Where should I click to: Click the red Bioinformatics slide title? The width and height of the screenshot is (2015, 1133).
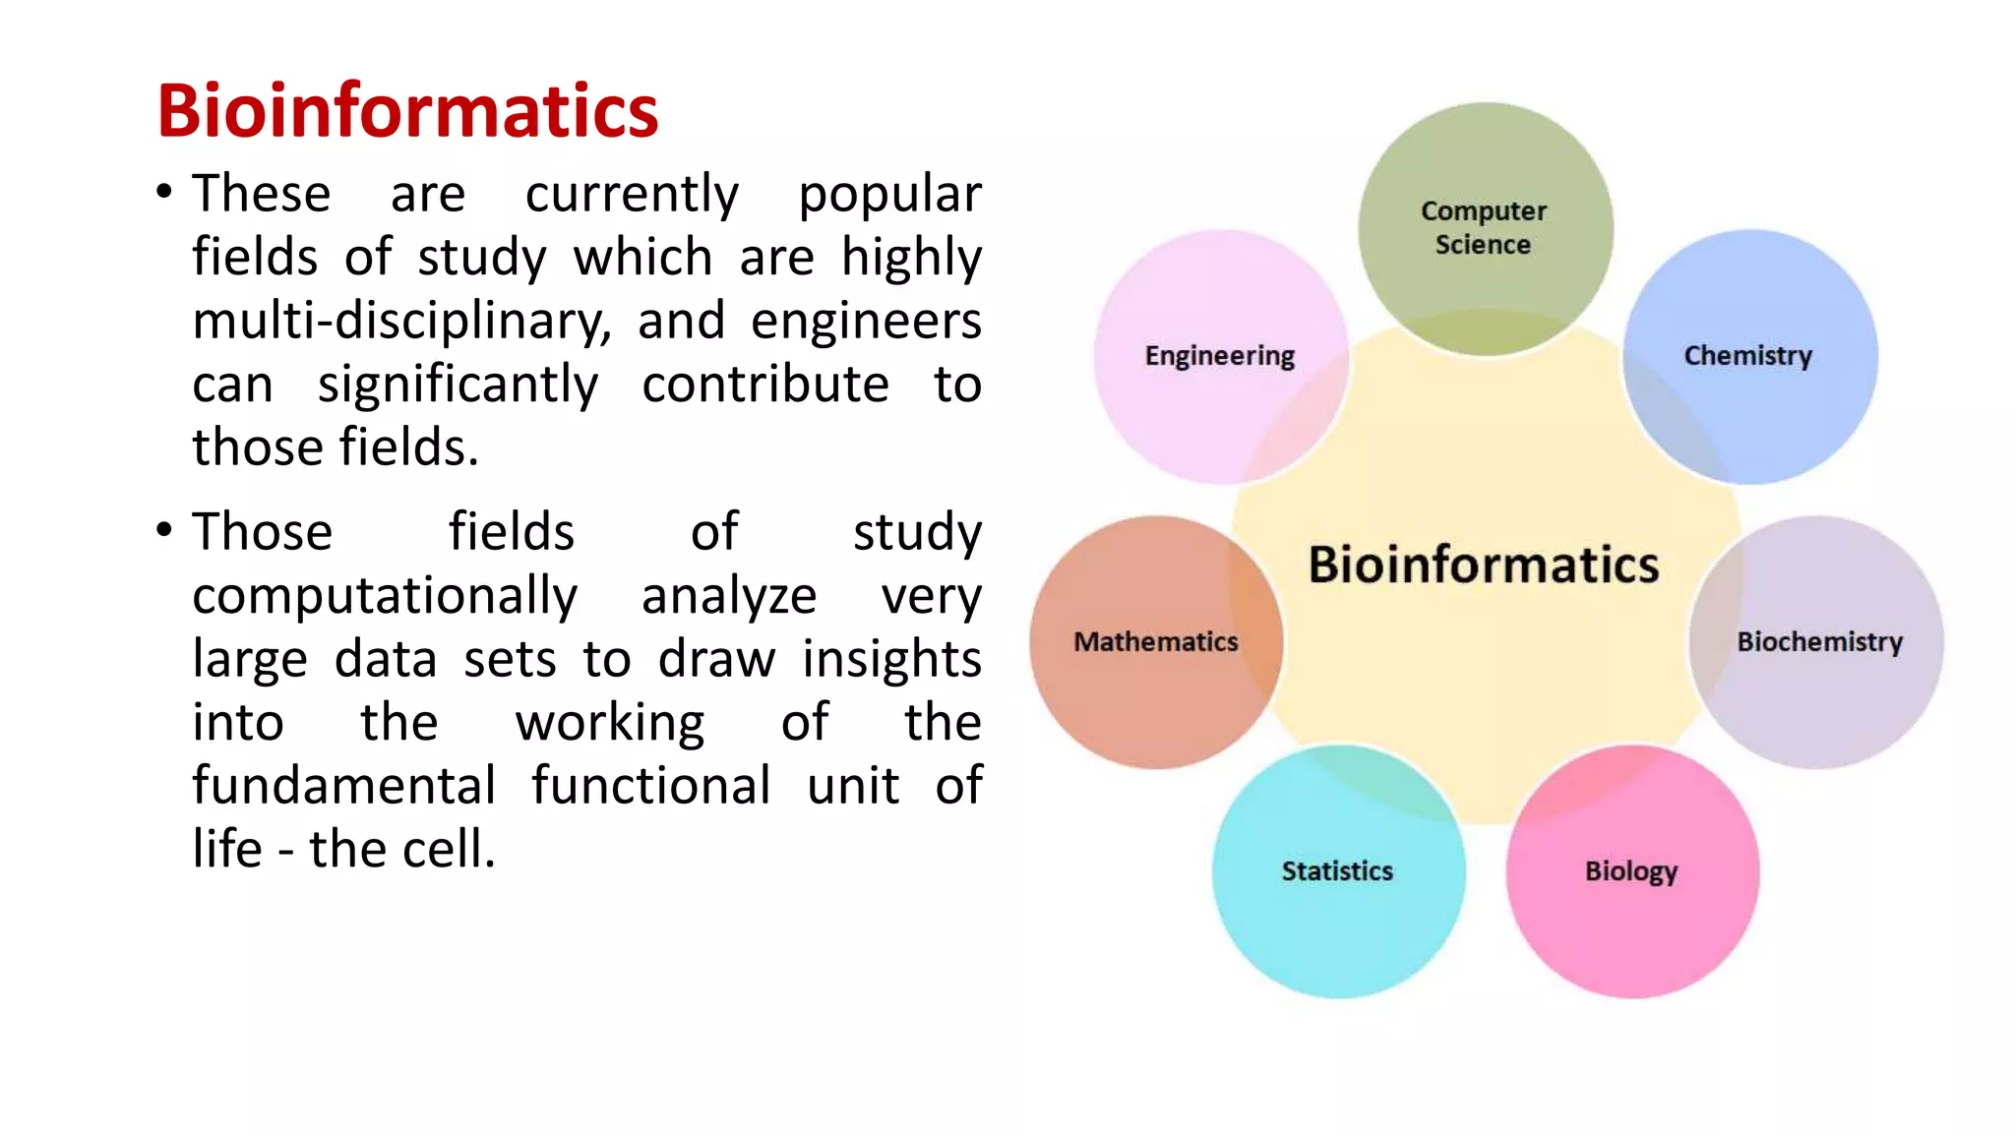pyautogui.click(x=407, y=111)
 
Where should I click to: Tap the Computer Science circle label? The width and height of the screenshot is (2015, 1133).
pyautogui.click(x=1484, y=227)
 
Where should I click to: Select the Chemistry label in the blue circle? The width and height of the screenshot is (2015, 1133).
pyautogui.click(x=1747, y=355)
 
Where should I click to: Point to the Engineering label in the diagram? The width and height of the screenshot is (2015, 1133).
pyautogui.click(x=1219, y=355)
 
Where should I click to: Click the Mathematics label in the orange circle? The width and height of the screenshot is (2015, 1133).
pyautogui.click(x=1155, y=641)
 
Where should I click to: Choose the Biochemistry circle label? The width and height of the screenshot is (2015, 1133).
pyautogui.click(x=1819, y=641)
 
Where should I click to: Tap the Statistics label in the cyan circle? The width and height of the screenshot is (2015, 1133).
pyautogui.click(x=1337, y=870)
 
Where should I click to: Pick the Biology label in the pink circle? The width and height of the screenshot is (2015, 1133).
pyautogui.click(x=1630, y=870)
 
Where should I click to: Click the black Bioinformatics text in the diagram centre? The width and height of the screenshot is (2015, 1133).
pyautogui.click(x=1483, y=565)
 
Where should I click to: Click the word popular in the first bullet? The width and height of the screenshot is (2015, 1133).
pyautogui.click(x=889, y=195)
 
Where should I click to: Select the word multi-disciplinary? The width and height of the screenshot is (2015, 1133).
pyautogui.click(x=401, y=322)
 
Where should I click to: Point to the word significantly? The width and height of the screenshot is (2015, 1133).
pyautogui.click(x=458, y=386)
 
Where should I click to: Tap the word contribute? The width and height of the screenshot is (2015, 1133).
pyautogui.click(x=765, y=384)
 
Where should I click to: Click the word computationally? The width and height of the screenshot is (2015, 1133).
pyautogui.click(x=385, y=597)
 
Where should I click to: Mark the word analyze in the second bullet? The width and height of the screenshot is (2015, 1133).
pyautogui.click(x=729, y=597)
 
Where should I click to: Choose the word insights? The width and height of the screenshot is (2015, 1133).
pyautogui.click(x=891, y=660)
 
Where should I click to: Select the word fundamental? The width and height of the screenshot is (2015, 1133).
pyautogui.click(x=344, y=786)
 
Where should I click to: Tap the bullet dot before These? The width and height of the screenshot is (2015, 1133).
pyautogui.click(x=164, y=192)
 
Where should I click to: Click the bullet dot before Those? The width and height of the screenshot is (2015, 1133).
pyautogui.click(x=164, y=531)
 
